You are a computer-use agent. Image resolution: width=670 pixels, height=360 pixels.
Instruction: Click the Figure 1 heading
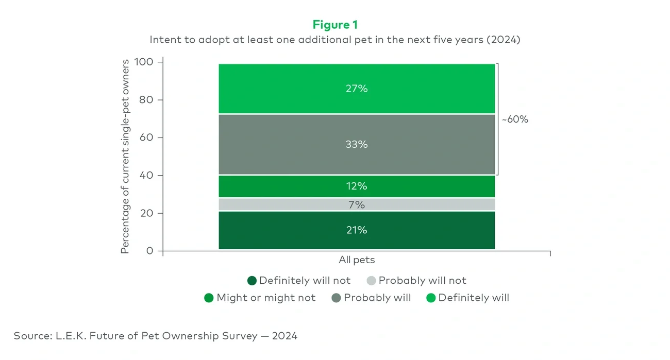pos(335,25)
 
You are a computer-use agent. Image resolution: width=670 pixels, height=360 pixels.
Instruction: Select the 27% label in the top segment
pos(357,89)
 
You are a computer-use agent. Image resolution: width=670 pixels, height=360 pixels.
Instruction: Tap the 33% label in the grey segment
pos(357,145)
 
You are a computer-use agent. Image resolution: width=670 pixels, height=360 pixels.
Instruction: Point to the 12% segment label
pos(357,186)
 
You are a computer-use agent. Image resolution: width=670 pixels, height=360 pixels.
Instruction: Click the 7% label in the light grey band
pos(357,205)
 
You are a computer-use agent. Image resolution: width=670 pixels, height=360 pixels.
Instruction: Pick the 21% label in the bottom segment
pos(357,230)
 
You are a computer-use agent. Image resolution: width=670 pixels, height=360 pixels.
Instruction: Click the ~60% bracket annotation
pos(515,119)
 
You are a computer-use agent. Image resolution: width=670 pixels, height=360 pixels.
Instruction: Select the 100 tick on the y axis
pos(144,62)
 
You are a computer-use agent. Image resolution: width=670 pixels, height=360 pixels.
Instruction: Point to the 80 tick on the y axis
pos(146,100)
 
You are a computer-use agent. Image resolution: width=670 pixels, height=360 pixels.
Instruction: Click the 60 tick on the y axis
pos(146,138)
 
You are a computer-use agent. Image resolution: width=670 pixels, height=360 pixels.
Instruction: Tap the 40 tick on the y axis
pos(146,176)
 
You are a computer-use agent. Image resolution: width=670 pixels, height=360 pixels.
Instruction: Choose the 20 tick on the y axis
pos(146,213)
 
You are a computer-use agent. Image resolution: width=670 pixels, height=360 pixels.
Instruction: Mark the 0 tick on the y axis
pos(150,251)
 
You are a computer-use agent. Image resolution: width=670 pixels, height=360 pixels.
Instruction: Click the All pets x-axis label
pos(357,260)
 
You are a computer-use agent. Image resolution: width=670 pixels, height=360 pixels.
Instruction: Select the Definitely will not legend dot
pos(252,281)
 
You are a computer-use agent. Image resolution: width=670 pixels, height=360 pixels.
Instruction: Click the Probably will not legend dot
pos(372,281)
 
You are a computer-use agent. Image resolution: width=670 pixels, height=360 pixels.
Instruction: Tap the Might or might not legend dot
pos(209,298)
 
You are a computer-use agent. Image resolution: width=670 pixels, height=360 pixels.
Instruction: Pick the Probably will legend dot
pos(337,298)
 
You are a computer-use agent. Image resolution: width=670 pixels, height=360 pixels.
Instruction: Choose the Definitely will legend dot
pos(431,298)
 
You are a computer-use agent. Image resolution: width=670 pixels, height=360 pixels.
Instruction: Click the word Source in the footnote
pos(30,336)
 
